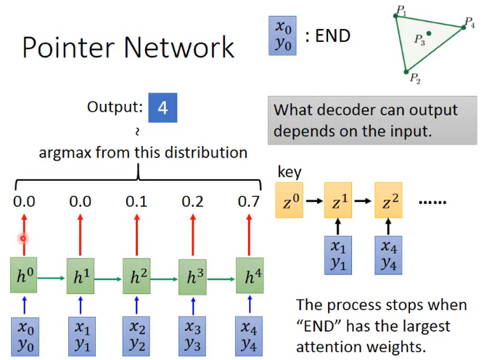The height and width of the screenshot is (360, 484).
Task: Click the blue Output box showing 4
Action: [x=163, y=107]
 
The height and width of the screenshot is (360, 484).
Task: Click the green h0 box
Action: [x=24, y=275]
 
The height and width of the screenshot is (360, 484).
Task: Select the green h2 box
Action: [x=137, y=277]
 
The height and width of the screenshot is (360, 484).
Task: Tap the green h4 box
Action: [x=250, y=276]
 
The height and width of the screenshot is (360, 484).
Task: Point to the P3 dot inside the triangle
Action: [x=430, y=33]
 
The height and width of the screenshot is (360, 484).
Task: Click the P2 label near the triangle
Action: [x=415, y=78]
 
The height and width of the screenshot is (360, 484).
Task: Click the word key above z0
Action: [x=289, y=173]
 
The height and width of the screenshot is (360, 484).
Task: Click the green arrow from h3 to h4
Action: [x=222, y=277]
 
